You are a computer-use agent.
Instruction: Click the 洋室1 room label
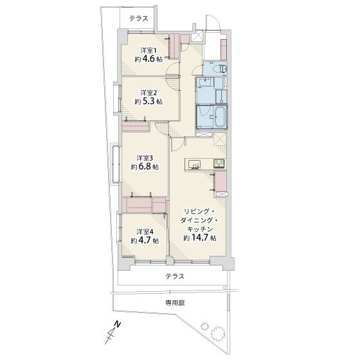[x=148, y=50]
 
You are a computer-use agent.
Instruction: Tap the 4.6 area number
[x=149, y=59]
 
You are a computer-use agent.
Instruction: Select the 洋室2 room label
[x=148, y=93]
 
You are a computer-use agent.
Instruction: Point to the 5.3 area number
[x=149, y=102]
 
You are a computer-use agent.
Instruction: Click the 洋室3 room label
[x=145, y=158]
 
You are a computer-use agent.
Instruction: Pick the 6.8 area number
[x=145, y=166]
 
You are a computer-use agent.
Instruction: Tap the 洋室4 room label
[x=145, y=231]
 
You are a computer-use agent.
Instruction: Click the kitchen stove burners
[x=219, y=163]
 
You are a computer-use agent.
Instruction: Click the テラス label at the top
[x=138, y=19]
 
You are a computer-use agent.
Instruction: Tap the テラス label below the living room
[x=175, y=276]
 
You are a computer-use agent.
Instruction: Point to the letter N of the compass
[x=118, y=325]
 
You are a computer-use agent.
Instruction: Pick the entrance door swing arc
[x=212, y=19]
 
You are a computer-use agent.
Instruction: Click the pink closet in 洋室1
[x=174, y=46]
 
